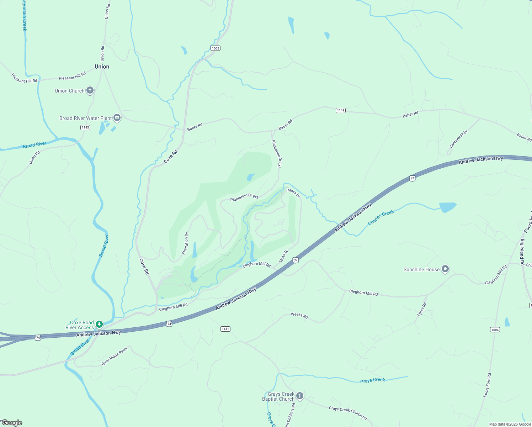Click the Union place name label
(x=102, y=67)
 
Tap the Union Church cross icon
(x=90, y=90)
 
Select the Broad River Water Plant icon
(x=117, y=118)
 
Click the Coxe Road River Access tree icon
(x=100, y=324)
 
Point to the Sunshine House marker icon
(x=445, y=269)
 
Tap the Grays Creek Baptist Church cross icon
(x=300, y=396)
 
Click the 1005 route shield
(x=215, y=48)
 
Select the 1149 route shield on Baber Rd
(x=340, y=110)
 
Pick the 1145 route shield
(x=85, y=127)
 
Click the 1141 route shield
(x=225, y=329)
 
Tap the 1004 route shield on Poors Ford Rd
(x=495, y=330)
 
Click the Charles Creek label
(x=381, y=217)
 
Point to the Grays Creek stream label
(x=372, y=380)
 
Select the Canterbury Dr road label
(x=458, y=139)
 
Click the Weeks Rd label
(x=299, y=315)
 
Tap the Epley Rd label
(x=422, y=309)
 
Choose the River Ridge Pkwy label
(x=115, y=356)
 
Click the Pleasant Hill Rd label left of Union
(x=24, y=78)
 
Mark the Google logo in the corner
(x=12, y=423)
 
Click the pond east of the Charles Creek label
(x=447, y=207)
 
